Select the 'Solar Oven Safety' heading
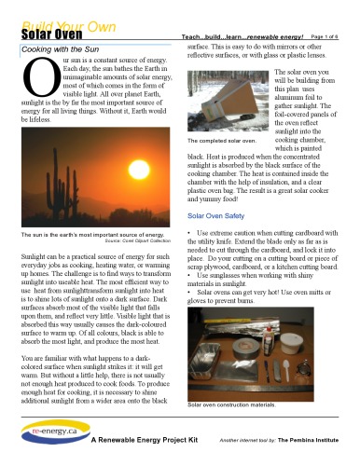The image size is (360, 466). (215, 215)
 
